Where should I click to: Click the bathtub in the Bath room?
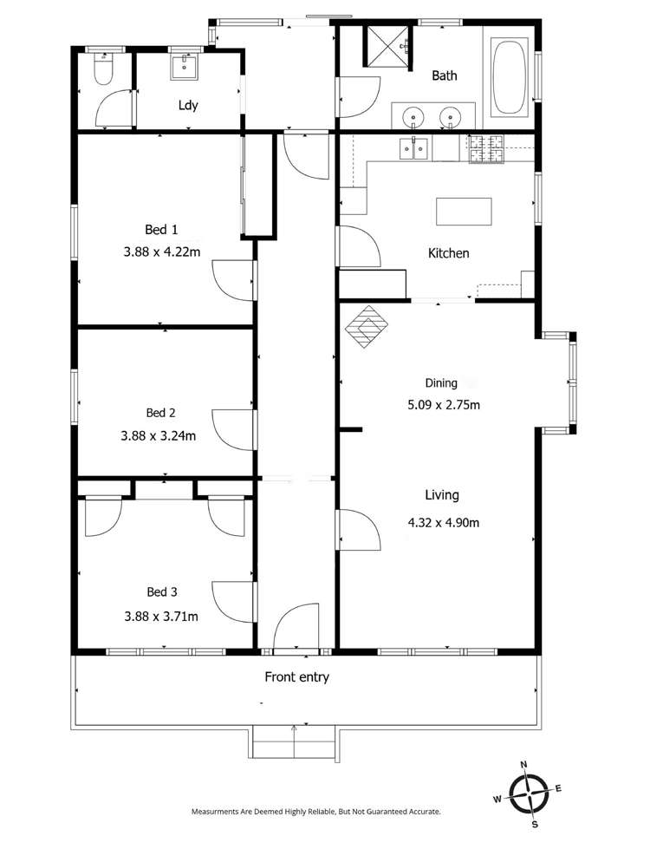509,76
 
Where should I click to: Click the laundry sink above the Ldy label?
184,65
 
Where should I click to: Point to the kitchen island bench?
464,211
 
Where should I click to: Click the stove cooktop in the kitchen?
486,150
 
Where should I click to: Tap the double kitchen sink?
413,150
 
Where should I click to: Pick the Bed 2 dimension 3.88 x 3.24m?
159,435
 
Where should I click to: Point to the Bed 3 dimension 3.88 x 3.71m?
161,617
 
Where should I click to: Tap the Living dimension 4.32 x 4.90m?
443,522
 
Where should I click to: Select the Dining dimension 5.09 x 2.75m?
443,404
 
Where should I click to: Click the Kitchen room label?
448,253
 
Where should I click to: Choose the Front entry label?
296,677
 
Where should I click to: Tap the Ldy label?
188,106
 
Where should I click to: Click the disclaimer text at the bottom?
315,812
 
